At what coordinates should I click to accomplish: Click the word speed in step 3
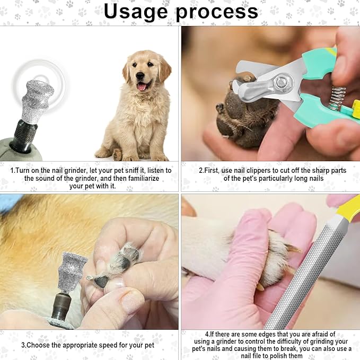pyautogui.click(x=102, y=345)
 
